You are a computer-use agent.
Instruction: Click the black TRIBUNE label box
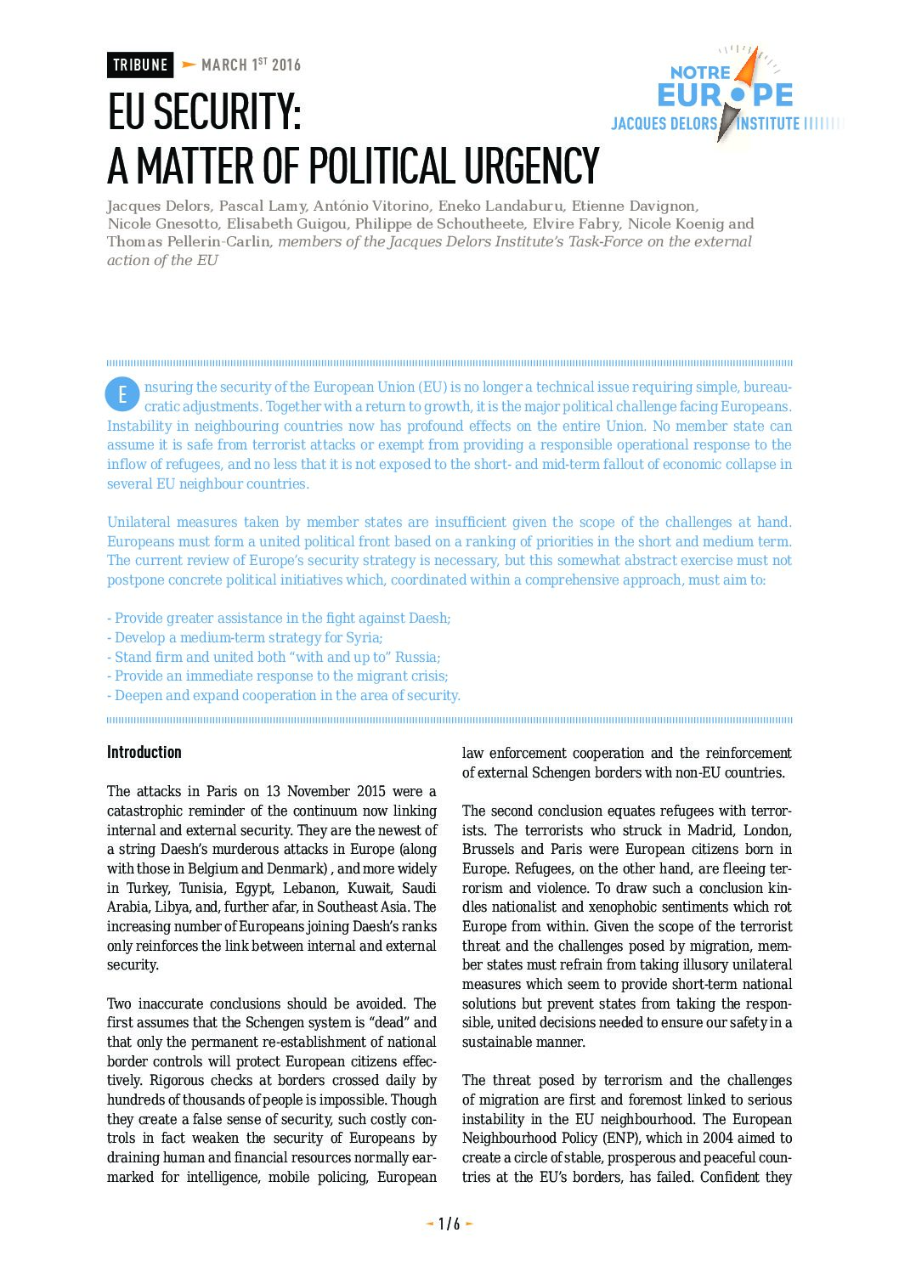point(140,65)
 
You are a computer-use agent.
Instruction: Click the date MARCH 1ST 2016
point(251,65)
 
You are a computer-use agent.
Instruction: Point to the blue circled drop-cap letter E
point(122,394)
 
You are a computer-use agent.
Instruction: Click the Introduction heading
point(144,752)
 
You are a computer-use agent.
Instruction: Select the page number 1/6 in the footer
point(449,1224)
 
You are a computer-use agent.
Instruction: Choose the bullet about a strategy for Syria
point(245,637)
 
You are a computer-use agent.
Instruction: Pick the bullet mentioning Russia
point(274,657)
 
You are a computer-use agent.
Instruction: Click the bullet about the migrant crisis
point(278,676)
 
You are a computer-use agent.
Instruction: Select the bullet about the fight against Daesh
point(279,618)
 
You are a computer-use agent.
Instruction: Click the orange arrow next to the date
point(189,65)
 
